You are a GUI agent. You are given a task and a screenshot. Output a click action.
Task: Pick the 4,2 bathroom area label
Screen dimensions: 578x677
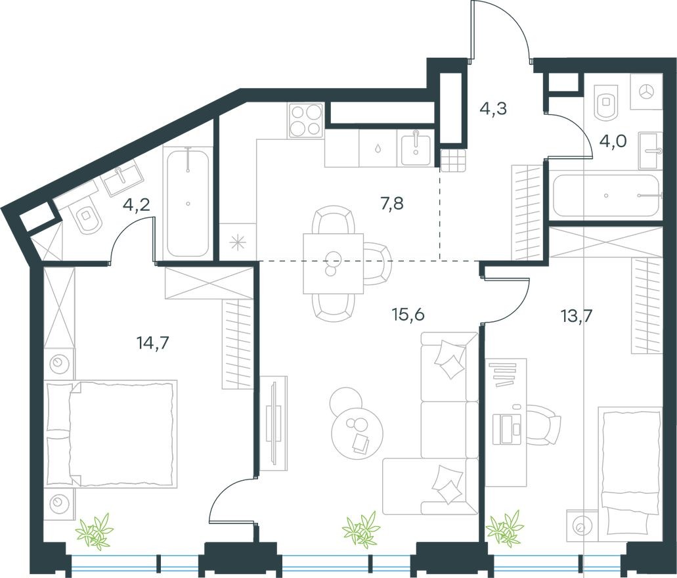coord(137,204)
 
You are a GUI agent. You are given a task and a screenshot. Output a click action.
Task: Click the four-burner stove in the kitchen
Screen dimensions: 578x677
coord(305,120)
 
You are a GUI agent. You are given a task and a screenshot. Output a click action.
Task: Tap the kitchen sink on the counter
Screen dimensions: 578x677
coord(414,148)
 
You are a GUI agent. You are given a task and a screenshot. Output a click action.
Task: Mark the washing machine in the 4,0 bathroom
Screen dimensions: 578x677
coord(646,91)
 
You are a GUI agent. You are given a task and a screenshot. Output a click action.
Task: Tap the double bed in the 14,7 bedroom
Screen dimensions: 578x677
coord(112,433)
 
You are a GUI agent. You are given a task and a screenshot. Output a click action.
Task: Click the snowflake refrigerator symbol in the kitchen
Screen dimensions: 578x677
coord(237,242)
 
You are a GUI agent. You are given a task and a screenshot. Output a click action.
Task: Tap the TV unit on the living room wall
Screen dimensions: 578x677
coord(273,424)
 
